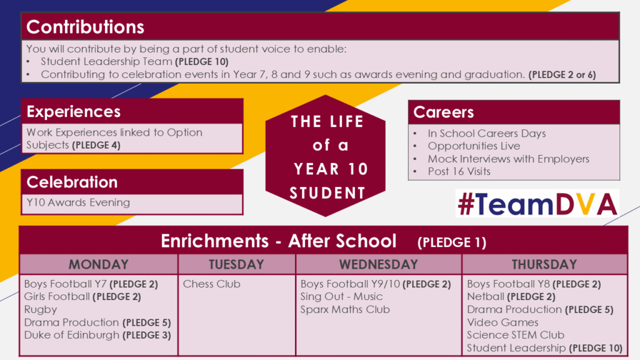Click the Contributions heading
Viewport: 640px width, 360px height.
click(x=85, y=27)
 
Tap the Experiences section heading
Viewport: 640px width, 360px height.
click(x=74, y=111)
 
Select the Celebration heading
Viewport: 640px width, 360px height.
click(x=72, y=182)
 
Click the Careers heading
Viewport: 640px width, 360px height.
click(x=443, y=112)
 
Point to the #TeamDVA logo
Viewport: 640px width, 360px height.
click(x=537, y=203)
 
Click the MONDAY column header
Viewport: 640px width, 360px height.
click(x=98, y=264)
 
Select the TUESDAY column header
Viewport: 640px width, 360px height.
click(x=236, y=264)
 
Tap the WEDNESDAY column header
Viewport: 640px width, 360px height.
click(x=378, y=264)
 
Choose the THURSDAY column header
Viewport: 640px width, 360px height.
click(x=544, y=264)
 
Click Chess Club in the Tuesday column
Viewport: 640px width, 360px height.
click(x=211, y=284)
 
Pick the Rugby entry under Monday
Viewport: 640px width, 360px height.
click(x=41, y=310)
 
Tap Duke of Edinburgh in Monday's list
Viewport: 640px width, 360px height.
click(x=72, y=335)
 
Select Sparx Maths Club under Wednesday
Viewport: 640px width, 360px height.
click(x=345, y=310)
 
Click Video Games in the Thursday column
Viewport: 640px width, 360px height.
click(x=502, y=322)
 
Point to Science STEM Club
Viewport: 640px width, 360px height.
click(x=516, y=335)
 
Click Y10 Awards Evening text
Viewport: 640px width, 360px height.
click(x=78, y=202)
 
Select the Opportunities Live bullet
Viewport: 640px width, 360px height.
click(x=474, y=146)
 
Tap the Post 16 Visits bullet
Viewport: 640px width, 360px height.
click(x=459, y=171)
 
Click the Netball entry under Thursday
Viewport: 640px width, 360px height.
click(x=486, y=297)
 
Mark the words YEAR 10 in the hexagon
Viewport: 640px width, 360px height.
click(x=331, y=169)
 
